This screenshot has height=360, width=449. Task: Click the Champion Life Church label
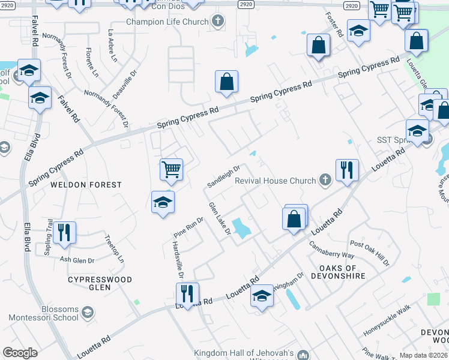(167, 22)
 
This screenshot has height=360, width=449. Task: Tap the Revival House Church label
(275, 181)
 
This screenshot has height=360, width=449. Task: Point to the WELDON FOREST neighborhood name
(86, 185)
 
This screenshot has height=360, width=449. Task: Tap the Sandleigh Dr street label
(223, 176)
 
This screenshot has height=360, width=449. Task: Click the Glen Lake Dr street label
(220, 222)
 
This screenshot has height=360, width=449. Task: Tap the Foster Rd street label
(334, 25)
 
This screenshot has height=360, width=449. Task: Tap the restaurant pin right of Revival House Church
(347, 170)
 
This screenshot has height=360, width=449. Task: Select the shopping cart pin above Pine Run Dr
(172, 169)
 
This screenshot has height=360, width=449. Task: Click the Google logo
(20, 353)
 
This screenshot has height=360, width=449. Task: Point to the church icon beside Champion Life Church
(217, 22)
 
